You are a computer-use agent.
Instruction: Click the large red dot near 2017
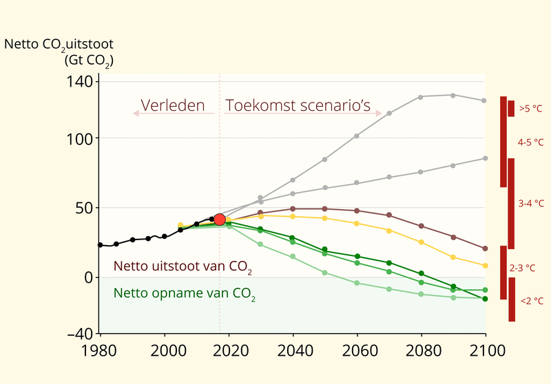pos(220,220)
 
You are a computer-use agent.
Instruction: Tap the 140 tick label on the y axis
pos(81,82)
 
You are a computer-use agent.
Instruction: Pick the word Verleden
pos(173,106)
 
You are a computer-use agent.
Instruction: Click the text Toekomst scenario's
pos(298,106)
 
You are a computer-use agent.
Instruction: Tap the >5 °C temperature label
pos(530,109)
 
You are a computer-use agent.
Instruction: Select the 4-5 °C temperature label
pos(530,142)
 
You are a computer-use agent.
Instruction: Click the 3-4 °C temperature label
pos(530,204)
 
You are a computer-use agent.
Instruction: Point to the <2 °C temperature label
pos(531,301)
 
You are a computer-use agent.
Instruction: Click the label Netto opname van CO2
pos(184,295)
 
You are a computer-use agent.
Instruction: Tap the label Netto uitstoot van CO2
pos(183,266)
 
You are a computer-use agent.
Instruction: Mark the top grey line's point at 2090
pos(453,95)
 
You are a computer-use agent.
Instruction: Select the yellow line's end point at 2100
pos(486,266)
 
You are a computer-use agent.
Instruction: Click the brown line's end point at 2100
pos(486,248)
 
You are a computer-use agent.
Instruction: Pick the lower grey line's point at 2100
pos(486,158)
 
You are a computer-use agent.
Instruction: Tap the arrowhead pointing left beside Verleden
pos(136,113)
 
